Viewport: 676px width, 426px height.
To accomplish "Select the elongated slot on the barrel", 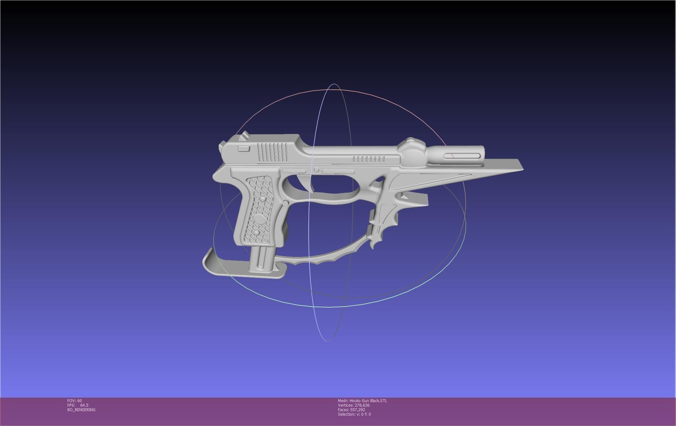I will coord(462,156).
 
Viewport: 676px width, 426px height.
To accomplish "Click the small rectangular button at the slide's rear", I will coord(244,148).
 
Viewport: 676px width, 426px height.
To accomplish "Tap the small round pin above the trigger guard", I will coord(316,170).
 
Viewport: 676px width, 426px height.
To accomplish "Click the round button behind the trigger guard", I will coord(285,203).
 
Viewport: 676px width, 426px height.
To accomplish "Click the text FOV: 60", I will coord(75,401).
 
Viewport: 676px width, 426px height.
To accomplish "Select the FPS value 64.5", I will coord(84,405).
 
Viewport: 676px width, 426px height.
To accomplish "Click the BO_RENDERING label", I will coord(81,410).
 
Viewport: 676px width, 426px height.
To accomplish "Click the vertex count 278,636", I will coord(362,405).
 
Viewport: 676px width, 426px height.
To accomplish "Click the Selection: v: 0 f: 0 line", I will coord(354,414).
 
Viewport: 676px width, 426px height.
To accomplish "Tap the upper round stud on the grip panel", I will coord(263,199).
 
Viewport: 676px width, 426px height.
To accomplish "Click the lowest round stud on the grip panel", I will coord(256,233).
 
